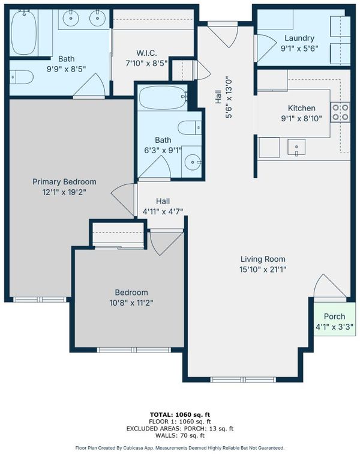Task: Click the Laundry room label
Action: (299, 38)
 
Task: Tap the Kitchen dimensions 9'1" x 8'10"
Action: (301, 118)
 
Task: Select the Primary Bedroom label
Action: (64, 182)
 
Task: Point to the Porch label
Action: (334, 316)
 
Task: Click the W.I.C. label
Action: (146, 53)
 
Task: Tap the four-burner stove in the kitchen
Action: (340, 112)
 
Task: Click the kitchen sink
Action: (296, 147)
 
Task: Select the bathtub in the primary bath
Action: (24, 32)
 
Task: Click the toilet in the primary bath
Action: (22, 77)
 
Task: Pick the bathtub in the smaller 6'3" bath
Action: (163, 97)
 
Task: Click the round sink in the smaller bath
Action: (193, 162)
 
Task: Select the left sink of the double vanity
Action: (71, 19)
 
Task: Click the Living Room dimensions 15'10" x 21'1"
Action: (263, 270)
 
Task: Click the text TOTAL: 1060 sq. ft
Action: (180, 414)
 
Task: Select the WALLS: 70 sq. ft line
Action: (180, 435)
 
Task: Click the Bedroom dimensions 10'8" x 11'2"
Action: (131, 303)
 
